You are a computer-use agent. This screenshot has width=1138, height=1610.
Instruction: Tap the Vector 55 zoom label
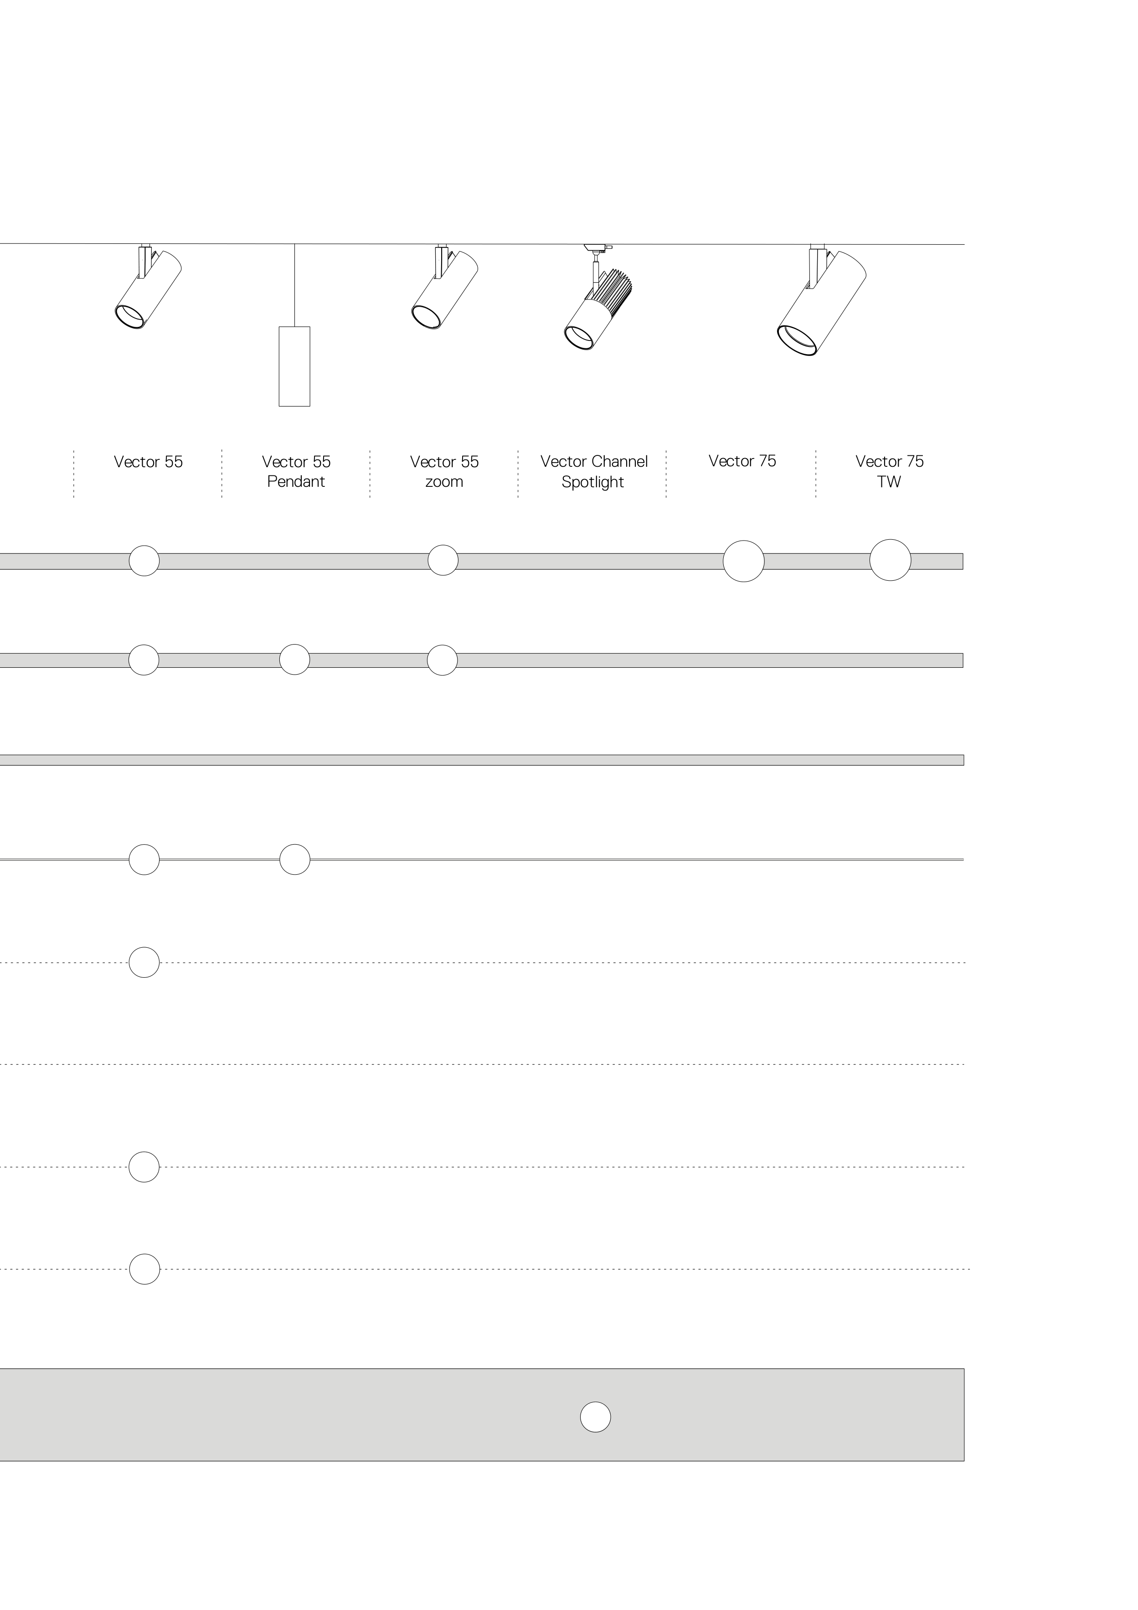(444, 471)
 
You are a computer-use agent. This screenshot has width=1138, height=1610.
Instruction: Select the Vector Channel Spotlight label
(593, 471)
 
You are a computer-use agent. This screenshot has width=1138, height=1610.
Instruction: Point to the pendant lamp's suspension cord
(294, 285)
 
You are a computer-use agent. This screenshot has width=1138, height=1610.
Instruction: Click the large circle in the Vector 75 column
(743, 561)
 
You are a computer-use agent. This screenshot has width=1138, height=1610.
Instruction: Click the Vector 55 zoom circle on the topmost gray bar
(443, 560)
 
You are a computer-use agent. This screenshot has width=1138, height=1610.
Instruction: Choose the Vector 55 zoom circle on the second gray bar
(443, 660)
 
